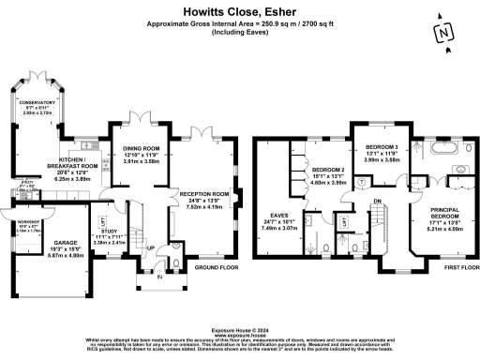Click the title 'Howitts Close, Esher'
click(x=239, y=10)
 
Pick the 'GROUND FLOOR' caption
click(x=216, y=267)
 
